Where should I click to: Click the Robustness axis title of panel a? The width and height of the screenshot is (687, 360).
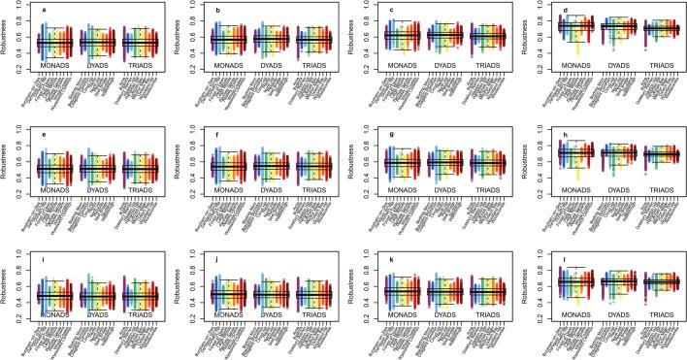click(x=8, y=40)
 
